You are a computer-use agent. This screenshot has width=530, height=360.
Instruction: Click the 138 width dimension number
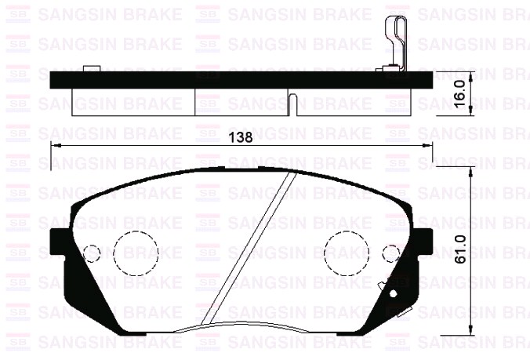click(239, 137)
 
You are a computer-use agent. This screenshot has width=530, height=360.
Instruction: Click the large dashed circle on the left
click(136, 252)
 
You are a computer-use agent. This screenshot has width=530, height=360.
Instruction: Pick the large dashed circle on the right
click(347, 252)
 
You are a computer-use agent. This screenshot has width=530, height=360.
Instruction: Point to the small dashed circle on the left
click(92, 253)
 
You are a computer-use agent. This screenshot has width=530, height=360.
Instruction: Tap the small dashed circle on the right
click(391, 253)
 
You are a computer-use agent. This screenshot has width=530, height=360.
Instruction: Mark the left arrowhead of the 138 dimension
click(55, 146)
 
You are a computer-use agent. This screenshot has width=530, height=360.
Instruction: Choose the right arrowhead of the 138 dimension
click(428, 146)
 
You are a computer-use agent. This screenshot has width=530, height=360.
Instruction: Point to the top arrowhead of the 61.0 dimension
click(470, 170)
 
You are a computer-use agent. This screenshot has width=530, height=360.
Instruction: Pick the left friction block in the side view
click(132, 100)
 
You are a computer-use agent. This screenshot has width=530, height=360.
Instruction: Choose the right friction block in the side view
click(345, 100)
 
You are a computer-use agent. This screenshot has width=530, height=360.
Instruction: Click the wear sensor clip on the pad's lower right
click(392, 293)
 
